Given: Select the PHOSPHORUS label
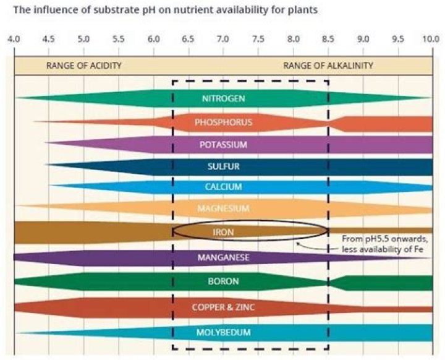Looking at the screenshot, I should (x=223, y=122).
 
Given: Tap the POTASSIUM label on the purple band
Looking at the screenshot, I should (x=223, y=145).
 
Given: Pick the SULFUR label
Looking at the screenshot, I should (x=223, y=166).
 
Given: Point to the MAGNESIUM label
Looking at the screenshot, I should (x=223, y=208).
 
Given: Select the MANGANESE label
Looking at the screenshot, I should (x=223, y=257).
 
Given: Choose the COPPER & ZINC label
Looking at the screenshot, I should (x=223, y=307).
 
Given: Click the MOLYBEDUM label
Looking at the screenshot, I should (x=223, y=333).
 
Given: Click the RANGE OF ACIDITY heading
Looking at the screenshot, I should (x=84, y=65).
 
